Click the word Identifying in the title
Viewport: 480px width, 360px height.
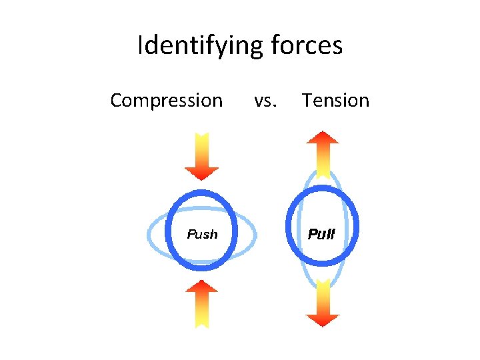pos(201,47)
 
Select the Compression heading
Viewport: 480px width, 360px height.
pos(166,101)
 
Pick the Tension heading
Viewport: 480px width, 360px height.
pos(335,101)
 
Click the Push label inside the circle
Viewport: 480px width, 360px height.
pos(202,234)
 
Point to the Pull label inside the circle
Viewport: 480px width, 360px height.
pos(321,234)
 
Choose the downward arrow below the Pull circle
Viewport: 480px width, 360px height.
pos(323,303)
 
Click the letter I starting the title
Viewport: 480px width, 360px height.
pos(140,47)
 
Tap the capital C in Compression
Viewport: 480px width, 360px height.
pos(116,101)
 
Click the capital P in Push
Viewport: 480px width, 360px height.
pos(191,234)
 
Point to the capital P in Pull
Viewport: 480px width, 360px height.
pos(311,234)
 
